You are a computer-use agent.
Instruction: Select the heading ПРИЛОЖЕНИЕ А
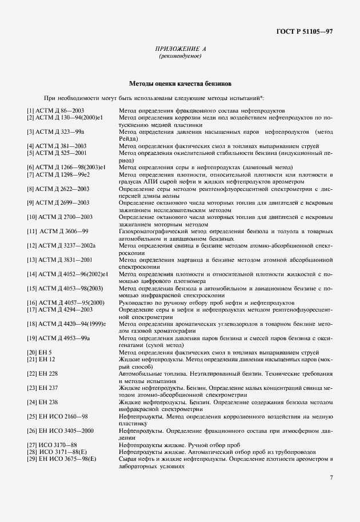point(180,50)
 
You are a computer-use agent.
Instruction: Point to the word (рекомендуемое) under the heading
point(180,57)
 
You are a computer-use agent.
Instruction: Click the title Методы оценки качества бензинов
point(180,83)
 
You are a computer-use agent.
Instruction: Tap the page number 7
point(331,477)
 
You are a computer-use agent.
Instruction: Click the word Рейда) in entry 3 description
point(129,138)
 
